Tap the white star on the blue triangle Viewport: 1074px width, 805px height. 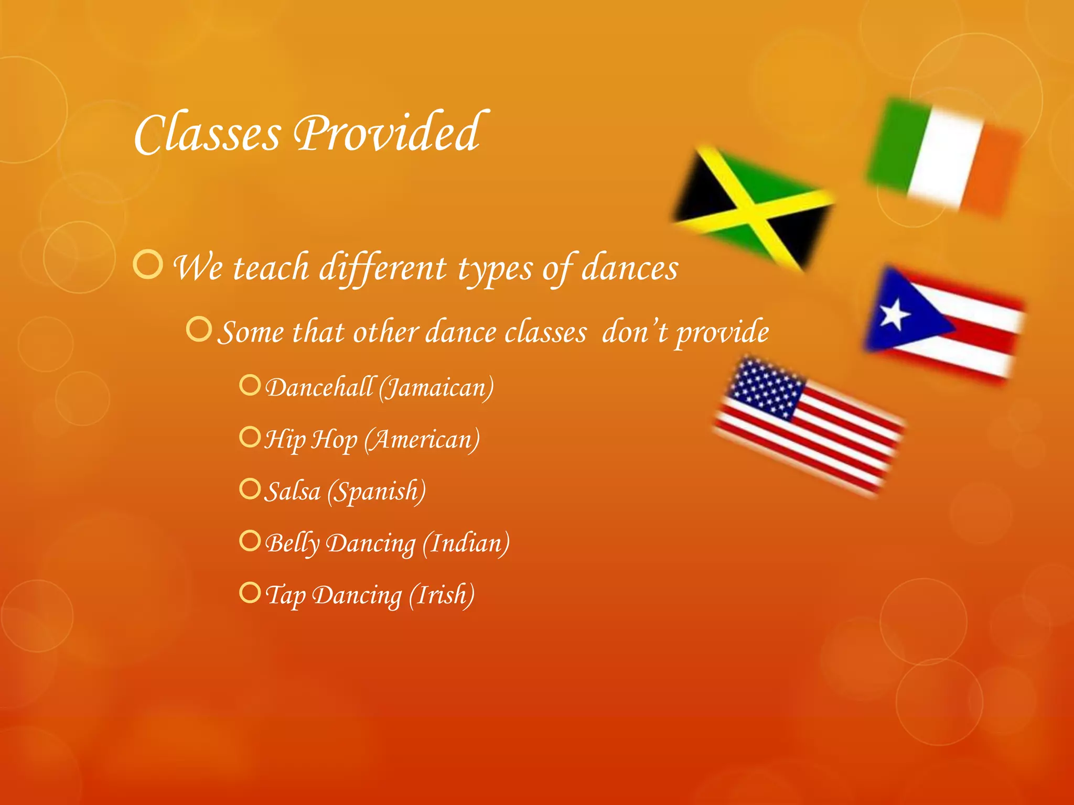[x=894, y=314]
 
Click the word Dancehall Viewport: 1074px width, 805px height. [x=320, y=388]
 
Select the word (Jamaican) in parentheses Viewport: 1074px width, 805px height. [x=436, y=388]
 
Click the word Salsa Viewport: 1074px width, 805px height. [x=292, y=492]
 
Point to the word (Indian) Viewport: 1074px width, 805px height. [x=466, y=543]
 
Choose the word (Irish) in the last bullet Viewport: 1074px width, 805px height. [x=442, y=595]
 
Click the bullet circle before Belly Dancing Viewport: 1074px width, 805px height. [x=250, y=540]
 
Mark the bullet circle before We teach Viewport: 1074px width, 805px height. [x=148, y=265]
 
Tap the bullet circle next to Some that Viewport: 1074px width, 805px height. [x=199, y=329]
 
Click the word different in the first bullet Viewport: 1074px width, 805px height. [x=383, y=268]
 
